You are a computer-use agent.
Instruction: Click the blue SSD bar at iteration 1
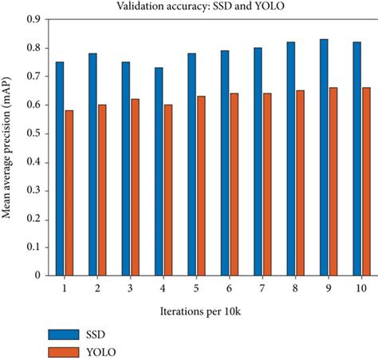pyautogui.click(x=60, y=168)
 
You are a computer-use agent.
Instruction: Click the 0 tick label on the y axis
pyautogui.click(x=37, y=275)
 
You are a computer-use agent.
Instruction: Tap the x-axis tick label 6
pyautogui.click(x=228, y=286)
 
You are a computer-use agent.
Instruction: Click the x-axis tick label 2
pyautogui.click(x=97, y=286)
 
